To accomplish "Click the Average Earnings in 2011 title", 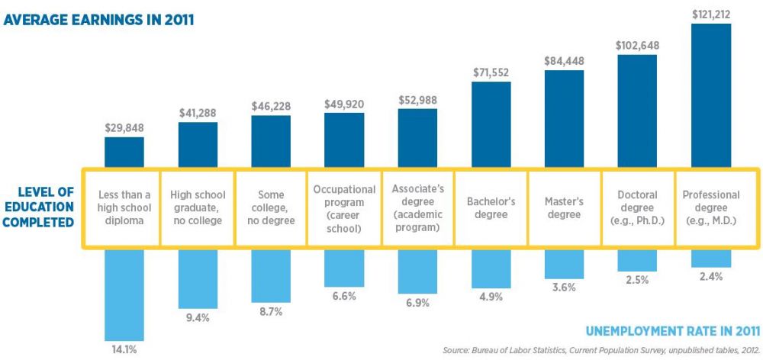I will point(98,19).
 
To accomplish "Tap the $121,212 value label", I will point(710,13).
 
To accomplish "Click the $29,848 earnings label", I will point(124,127).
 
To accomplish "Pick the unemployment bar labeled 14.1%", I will point(124,293).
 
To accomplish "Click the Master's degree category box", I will point(565,208).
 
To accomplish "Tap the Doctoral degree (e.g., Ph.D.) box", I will point(637,208).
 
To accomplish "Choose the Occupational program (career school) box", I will point(345,208).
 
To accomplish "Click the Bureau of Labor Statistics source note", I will point(601,350).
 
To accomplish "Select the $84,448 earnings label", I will point(565,60).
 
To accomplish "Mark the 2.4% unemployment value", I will point(710,277).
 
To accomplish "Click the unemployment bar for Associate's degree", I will point(417,270).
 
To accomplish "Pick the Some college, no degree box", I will point(271,208).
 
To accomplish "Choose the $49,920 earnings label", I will point(345,103).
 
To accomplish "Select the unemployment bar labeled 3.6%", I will point(565,264).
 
